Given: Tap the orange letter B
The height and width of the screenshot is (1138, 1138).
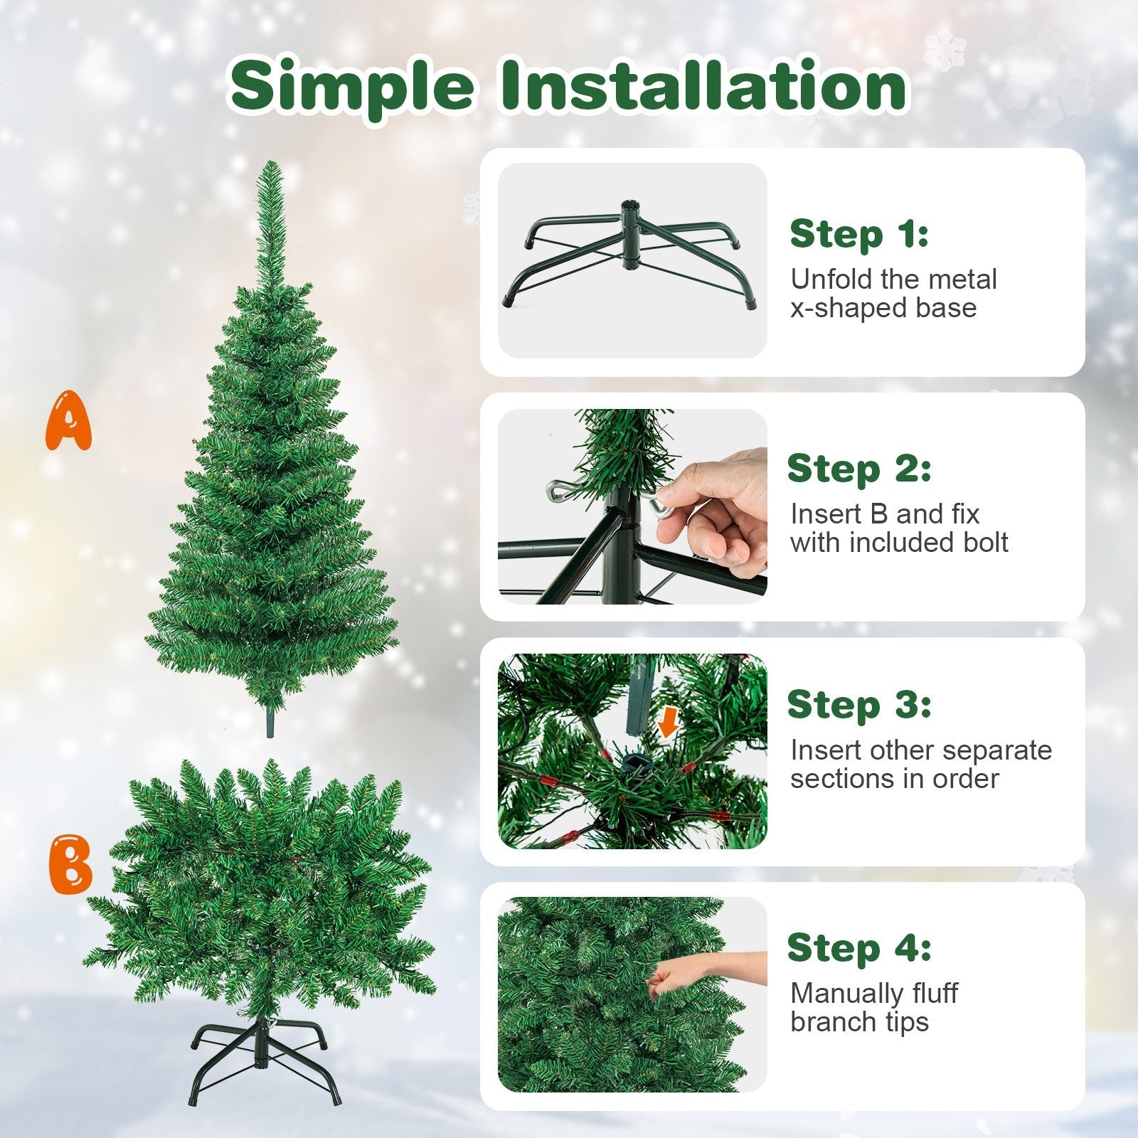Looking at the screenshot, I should pyautogui.click(x=71, y=866).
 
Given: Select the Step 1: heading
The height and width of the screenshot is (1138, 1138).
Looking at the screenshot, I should pyautogui.click(x=858, y=235).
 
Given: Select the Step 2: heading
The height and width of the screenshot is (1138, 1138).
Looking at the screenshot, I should pyautogui.click(x=858, y=469).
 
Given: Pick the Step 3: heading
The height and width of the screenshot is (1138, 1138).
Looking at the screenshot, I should pyautogui.click(x=858, y=705).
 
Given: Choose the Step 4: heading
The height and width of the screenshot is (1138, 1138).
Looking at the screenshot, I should pyautogui.click(x=858, y=948).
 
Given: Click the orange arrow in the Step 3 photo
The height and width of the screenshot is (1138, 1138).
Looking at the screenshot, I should pyautogui.click(x=666, y=724).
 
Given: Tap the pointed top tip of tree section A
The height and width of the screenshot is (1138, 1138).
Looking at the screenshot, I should pyautogui.click(x=270, y=168).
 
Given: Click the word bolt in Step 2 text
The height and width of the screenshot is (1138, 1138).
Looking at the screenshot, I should pyautogui.click(x=984, y=543).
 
